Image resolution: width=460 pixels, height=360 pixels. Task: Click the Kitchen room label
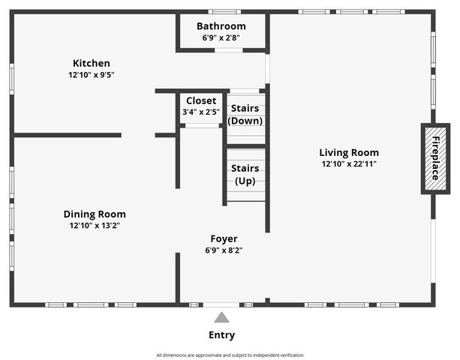91,63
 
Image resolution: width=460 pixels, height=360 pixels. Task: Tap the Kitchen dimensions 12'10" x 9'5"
91,75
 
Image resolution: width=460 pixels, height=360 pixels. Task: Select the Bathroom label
221,26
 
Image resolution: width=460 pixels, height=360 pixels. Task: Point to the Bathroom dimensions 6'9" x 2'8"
221,37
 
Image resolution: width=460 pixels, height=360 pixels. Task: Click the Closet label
200,100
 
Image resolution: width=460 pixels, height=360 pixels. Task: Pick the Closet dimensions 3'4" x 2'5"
200,112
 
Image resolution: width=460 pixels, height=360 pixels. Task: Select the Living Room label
349,151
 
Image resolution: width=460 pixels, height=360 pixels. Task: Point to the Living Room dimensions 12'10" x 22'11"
349,163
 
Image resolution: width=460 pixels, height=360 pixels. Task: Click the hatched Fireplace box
434,158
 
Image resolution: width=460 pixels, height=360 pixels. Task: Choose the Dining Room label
95,214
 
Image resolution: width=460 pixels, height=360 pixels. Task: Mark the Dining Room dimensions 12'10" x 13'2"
95,226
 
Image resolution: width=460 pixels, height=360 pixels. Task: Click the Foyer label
224,238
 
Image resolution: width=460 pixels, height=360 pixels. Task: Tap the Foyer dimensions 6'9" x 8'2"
224,250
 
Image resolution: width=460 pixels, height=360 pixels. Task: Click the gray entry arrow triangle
221,317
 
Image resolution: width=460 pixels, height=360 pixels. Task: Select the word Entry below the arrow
221,335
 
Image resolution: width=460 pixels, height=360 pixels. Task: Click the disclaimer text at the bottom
230,355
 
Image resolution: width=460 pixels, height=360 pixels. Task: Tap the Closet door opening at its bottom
201,125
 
